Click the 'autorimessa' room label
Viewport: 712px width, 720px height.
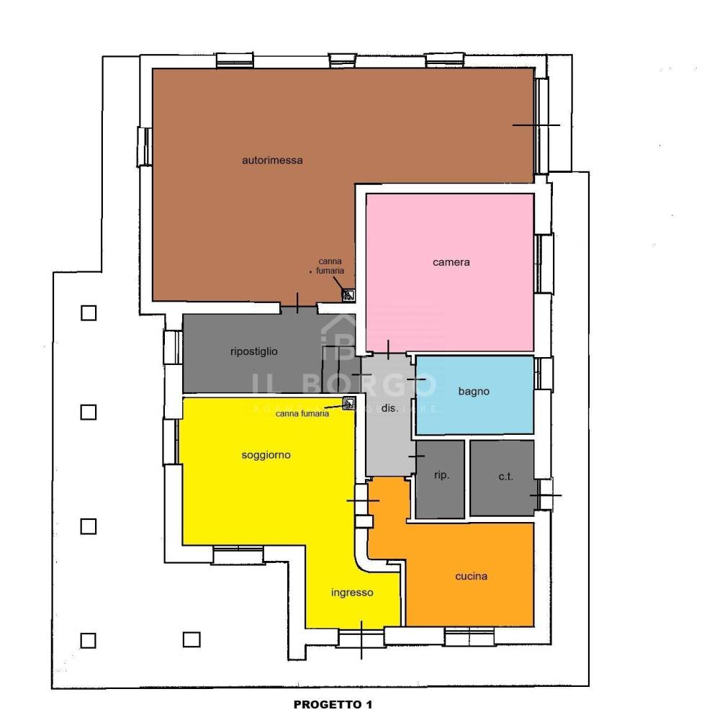(x=272, y=161)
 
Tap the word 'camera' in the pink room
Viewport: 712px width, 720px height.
(x=451, y=262)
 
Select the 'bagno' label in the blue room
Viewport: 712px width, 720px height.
(x=474, y=392)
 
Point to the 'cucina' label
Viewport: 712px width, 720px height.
(x=471, y=576)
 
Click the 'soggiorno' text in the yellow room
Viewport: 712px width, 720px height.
(x=266, y=455)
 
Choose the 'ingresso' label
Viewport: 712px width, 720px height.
(x=352, y=593)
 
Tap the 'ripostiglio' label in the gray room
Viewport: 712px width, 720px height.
(x=254, y=351)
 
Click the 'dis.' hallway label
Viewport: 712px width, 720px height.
(x=389, y=408)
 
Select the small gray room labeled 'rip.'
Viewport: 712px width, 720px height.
(x=440, y=480)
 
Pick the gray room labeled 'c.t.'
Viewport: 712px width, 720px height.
(x=503, y=478)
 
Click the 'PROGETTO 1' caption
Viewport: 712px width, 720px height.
(x=333, y=704)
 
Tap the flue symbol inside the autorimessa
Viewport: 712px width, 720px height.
(x=348, y=294)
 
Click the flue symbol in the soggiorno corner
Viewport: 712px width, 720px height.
(x=349, y=403)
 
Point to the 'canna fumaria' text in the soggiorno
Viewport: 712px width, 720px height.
(x=302, y=414)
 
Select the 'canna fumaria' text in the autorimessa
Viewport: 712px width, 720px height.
(x=330, y=266)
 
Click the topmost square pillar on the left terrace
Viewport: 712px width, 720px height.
(x=89, y=313)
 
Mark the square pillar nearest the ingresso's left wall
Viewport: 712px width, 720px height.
(x=191, y=639)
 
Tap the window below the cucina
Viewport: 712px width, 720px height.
(x=469, y=637)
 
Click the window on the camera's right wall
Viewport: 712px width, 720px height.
(x=544, y=264)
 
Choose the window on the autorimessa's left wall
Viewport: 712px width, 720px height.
(x=145, y=146)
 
